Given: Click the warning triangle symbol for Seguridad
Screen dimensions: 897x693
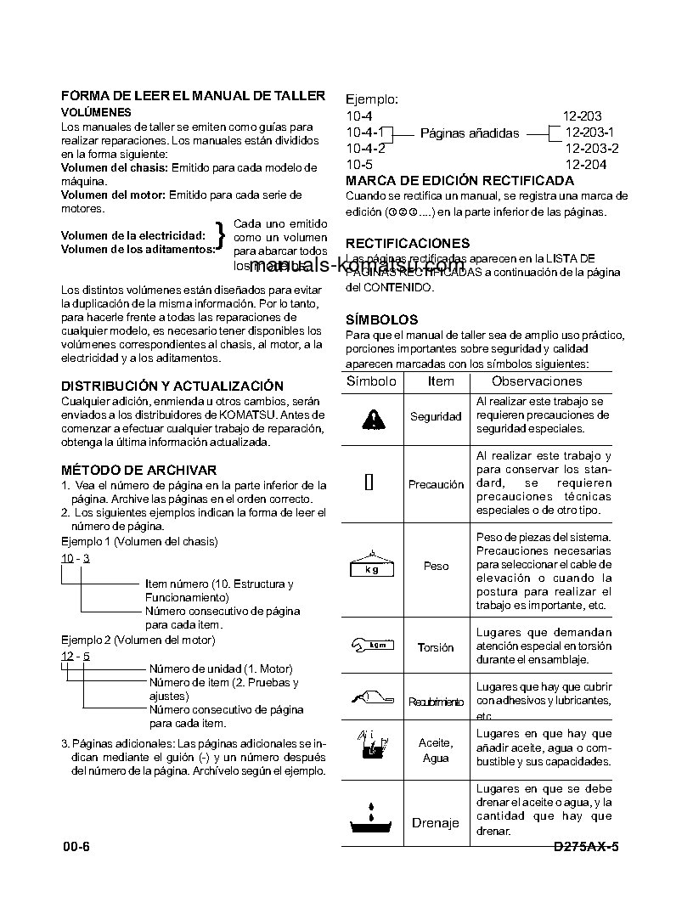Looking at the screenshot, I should [x=371, y=418].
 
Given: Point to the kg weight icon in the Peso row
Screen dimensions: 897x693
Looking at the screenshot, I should [x=372, y=565].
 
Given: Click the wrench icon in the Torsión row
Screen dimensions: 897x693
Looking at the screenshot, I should [x=372, y=646].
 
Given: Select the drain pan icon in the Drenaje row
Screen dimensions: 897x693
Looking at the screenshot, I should [x=371, y=821].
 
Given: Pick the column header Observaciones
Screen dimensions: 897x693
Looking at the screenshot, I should [x=537, y=381].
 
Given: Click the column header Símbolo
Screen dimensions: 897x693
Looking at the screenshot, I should [x=371, y=381].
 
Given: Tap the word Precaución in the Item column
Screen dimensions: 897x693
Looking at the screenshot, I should [x=436, y=484].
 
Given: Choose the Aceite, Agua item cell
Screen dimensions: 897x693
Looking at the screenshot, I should [x=436, y=750].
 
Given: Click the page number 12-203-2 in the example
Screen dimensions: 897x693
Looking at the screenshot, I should [x=591, y=148].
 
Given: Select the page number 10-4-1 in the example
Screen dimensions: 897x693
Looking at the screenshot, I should [x=365, y=132].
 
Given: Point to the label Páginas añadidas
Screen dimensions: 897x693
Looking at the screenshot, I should [x=470, y=133].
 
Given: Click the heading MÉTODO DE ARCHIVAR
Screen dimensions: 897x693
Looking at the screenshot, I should [x=138, y=470].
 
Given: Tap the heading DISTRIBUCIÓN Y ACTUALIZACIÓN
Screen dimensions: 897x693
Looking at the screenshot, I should [x=172, y=386].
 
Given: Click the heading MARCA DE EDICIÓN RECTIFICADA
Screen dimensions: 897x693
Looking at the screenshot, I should [x=459, y=180].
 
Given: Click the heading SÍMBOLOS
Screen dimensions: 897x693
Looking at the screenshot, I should [x=381, y=319].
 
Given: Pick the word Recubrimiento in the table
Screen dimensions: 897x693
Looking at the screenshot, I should [x=436, y=702].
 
